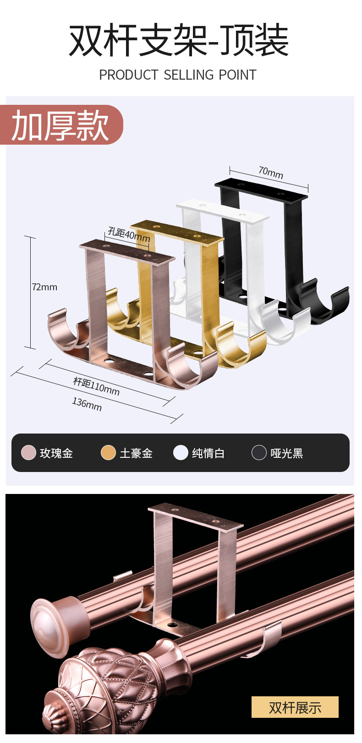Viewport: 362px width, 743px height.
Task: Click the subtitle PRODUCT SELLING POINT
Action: [178, 75]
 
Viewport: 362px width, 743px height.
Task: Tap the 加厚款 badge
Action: [60, 125]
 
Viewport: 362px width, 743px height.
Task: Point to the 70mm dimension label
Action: [271, 173]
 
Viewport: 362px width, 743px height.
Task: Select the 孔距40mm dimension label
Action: [129, 234]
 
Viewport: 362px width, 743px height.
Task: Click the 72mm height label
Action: [44, 287]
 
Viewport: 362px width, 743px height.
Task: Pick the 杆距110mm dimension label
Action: [96, 386]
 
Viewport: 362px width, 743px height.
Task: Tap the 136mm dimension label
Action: [87, 404]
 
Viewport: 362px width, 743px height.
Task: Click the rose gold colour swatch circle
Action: [28, 453]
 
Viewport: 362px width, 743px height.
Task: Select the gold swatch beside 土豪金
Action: [108, 453]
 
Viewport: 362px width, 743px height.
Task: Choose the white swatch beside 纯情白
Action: [181, 453]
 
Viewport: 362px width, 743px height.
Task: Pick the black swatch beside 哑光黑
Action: [259, 453]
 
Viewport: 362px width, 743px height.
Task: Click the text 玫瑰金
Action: [56, 453]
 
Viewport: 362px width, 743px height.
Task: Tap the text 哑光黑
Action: [287, 453]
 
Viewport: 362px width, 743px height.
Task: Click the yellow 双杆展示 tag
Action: [295, 707]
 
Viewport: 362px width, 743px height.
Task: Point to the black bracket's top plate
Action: [261, 190]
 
